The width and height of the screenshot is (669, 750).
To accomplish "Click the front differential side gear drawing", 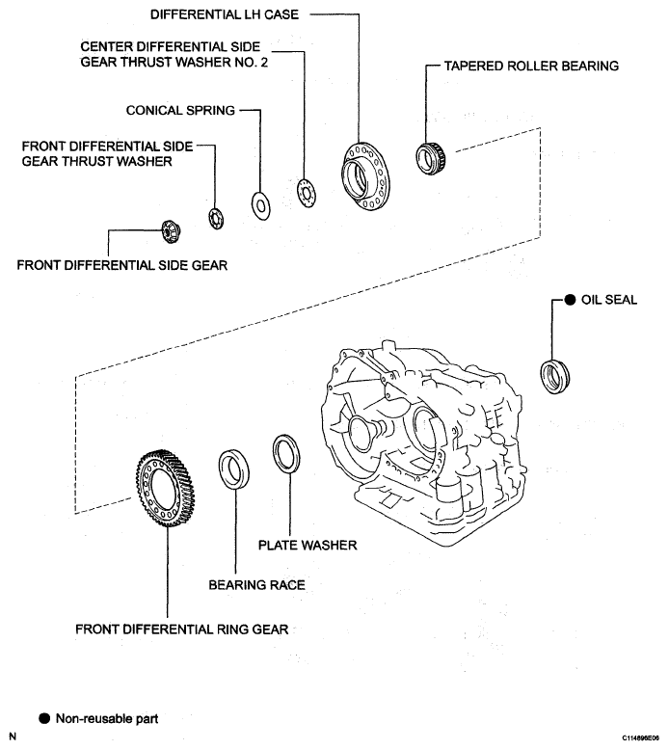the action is (171, 232).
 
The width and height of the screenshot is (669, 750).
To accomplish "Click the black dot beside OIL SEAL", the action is (570, 300).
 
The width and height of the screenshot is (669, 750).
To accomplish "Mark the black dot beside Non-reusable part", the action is (44, 718).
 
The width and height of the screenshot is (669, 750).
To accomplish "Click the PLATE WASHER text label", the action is (308, 545).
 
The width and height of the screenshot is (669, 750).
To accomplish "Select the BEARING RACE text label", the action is (256, 584).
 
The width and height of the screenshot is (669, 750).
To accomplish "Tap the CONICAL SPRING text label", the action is (181, 110).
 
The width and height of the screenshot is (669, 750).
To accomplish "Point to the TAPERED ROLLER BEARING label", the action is (531, 66).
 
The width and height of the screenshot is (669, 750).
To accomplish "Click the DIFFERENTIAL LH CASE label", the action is (225, 14).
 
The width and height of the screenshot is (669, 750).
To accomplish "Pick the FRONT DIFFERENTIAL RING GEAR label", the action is (182, 629).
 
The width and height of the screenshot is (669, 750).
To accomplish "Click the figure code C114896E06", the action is (640, 738).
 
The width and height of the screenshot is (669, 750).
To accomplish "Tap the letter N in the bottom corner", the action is (13, 737).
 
